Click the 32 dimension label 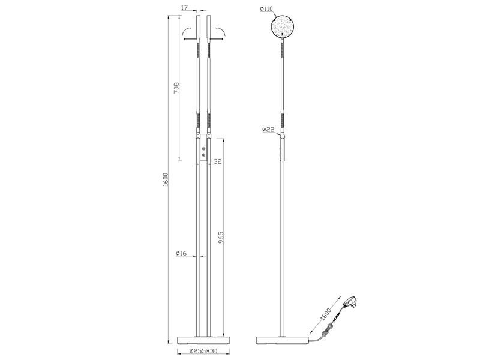218,161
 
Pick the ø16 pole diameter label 182,254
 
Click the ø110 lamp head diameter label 267,9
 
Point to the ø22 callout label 268,129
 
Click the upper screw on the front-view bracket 203,148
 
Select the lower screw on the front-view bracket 203,155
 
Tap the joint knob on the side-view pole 283,138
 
